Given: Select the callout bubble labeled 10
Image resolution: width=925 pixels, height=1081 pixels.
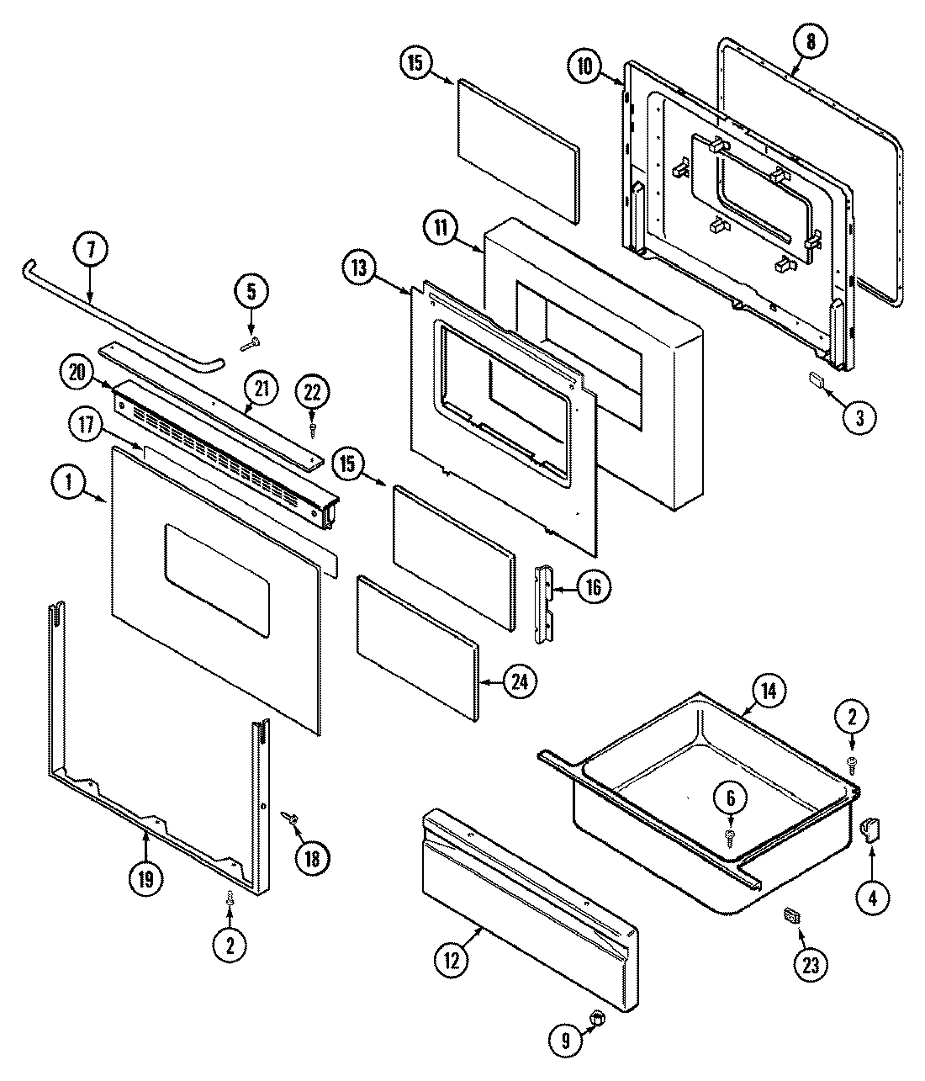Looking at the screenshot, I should (585, 66).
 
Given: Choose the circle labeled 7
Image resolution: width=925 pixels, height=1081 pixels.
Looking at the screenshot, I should (91, 250).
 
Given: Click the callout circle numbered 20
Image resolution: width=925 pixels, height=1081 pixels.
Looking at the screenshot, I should (77, 374).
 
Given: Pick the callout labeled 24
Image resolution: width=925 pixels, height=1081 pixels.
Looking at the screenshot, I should (519, 682).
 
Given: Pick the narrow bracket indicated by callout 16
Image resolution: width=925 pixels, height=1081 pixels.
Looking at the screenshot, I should (545, 601).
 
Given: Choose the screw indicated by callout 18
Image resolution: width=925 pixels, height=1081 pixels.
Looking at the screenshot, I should (291, 817).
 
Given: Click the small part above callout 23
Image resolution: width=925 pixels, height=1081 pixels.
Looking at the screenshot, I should (790, 914).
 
